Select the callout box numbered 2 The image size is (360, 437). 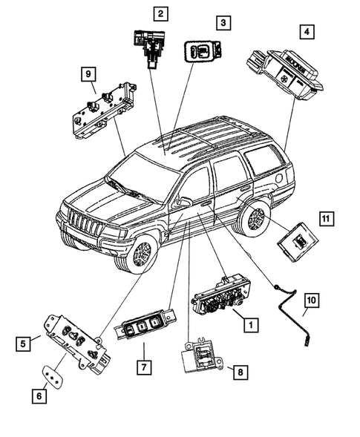(x=160, y=13)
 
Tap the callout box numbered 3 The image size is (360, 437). (x=223, y=24)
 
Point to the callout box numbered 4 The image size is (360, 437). (x=306, y=32)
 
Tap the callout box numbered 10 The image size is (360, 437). (x=311, y=300)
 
